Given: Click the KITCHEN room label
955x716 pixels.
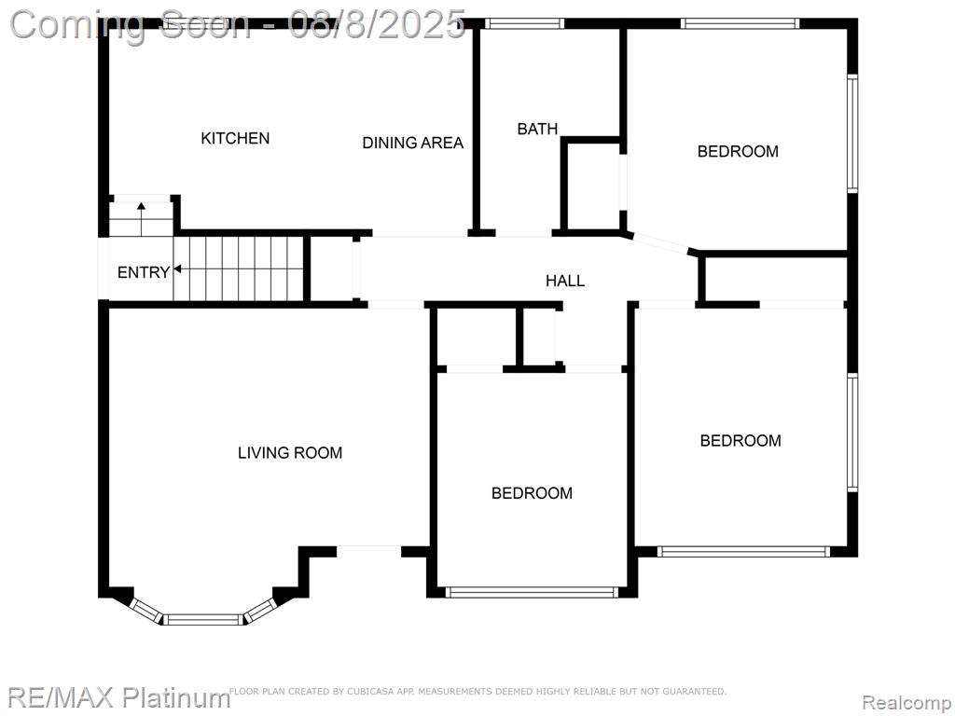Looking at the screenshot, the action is (235, 138).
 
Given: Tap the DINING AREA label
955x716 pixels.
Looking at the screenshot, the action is (413, 143).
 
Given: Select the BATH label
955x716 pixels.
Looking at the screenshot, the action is (537, 129).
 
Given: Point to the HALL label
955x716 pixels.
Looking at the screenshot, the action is (565, 281).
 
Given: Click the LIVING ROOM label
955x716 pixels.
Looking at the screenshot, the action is (290, 452).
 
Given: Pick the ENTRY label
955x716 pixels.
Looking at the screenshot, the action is (143, 272).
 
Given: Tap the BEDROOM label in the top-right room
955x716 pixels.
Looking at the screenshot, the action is (738, 151).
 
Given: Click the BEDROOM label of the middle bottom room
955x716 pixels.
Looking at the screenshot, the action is (532, 492).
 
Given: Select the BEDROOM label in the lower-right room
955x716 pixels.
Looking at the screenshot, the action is (740, 440).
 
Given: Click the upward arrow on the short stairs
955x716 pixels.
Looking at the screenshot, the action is (142, 219).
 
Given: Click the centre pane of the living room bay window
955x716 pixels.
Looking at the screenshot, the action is (204, 620).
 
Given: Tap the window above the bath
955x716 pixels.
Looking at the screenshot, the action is (524, 23).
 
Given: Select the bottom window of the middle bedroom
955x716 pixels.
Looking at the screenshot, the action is (532, 592).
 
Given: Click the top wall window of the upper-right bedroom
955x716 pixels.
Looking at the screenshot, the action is (740, 23).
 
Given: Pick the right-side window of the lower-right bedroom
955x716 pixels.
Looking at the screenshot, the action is (852, 433).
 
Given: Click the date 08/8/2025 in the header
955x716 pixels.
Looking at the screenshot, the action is (377, 25).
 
